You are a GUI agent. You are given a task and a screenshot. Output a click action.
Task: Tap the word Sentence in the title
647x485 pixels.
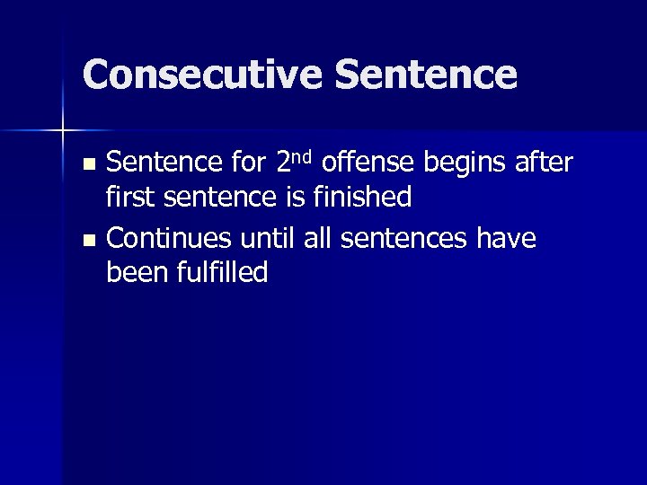point(427,75)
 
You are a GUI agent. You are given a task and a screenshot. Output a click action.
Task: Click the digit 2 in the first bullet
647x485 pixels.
point(284,163)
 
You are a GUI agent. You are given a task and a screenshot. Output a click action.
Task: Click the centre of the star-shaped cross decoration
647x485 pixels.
point(63,131)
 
